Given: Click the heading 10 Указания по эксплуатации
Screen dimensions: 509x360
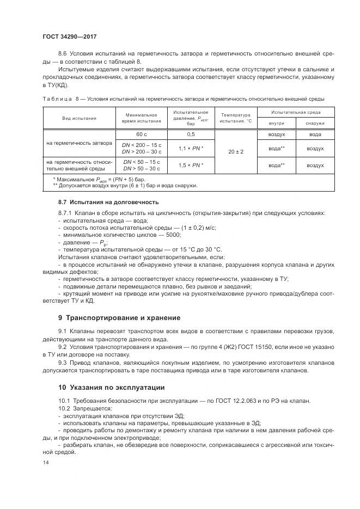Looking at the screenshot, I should (x=112, y=387).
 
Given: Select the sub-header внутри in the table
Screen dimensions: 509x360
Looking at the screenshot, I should (x=276, y=124).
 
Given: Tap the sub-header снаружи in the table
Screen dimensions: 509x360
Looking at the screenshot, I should (x=315, y=124).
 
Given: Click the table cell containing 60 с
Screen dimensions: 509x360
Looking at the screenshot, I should (x=142, y=134).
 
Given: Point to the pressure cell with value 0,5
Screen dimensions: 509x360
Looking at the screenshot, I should (x=191, y=134).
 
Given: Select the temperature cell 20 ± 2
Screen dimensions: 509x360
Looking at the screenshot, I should (x=235, y=151).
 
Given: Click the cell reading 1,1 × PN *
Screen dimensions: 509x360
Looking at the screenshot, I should (x=191, y=148).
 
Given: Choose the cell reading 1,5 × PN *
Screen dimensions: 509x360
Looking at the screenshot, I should (x=191, y=165).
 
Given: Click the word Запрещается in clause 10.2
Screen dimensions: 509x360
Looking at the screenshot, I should (x=90, y=408).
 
